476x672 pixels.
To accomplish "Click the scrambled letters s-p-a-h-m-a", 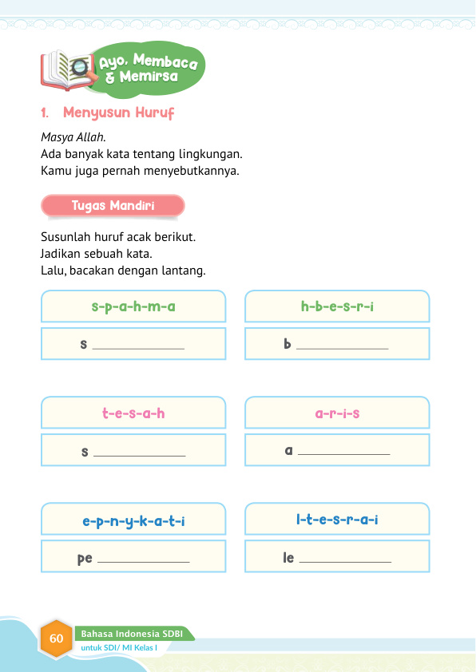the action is tap(133, 306).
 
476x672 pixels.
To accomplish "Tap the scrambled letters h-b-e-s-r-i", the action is tap(337, 306).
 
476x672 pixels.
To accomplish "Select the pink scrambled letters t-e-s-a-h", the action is tap(133, 413).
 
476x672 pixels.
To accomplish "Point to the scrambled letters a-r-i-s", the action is tap(337, 413).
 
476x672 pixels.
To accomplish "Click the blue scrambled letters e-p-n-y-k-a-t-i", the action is tap(133, 521).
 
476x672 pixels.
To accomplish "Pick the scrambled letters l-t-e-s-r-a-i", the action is tap(337, 521).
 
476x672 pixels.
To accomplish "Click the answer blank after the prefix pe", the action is tap(143, 560).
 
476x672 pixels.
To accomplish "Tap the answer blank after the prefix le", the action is tap(345, 560).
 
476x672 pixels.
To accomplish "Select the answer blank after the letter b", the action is tap(342, 346).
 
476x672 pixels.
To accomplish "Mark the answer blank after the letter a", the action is tap(343, 453).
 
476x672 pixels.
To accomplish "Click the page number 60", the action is tap(56, 638).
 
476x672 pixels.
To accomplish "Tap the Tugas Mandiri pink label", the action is tap(113, 206).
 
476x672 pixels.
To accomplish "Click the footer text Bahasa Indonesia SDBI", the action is tap(132, 634).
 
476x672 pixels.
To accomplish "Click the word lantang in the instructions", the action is tap(184, 271).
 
